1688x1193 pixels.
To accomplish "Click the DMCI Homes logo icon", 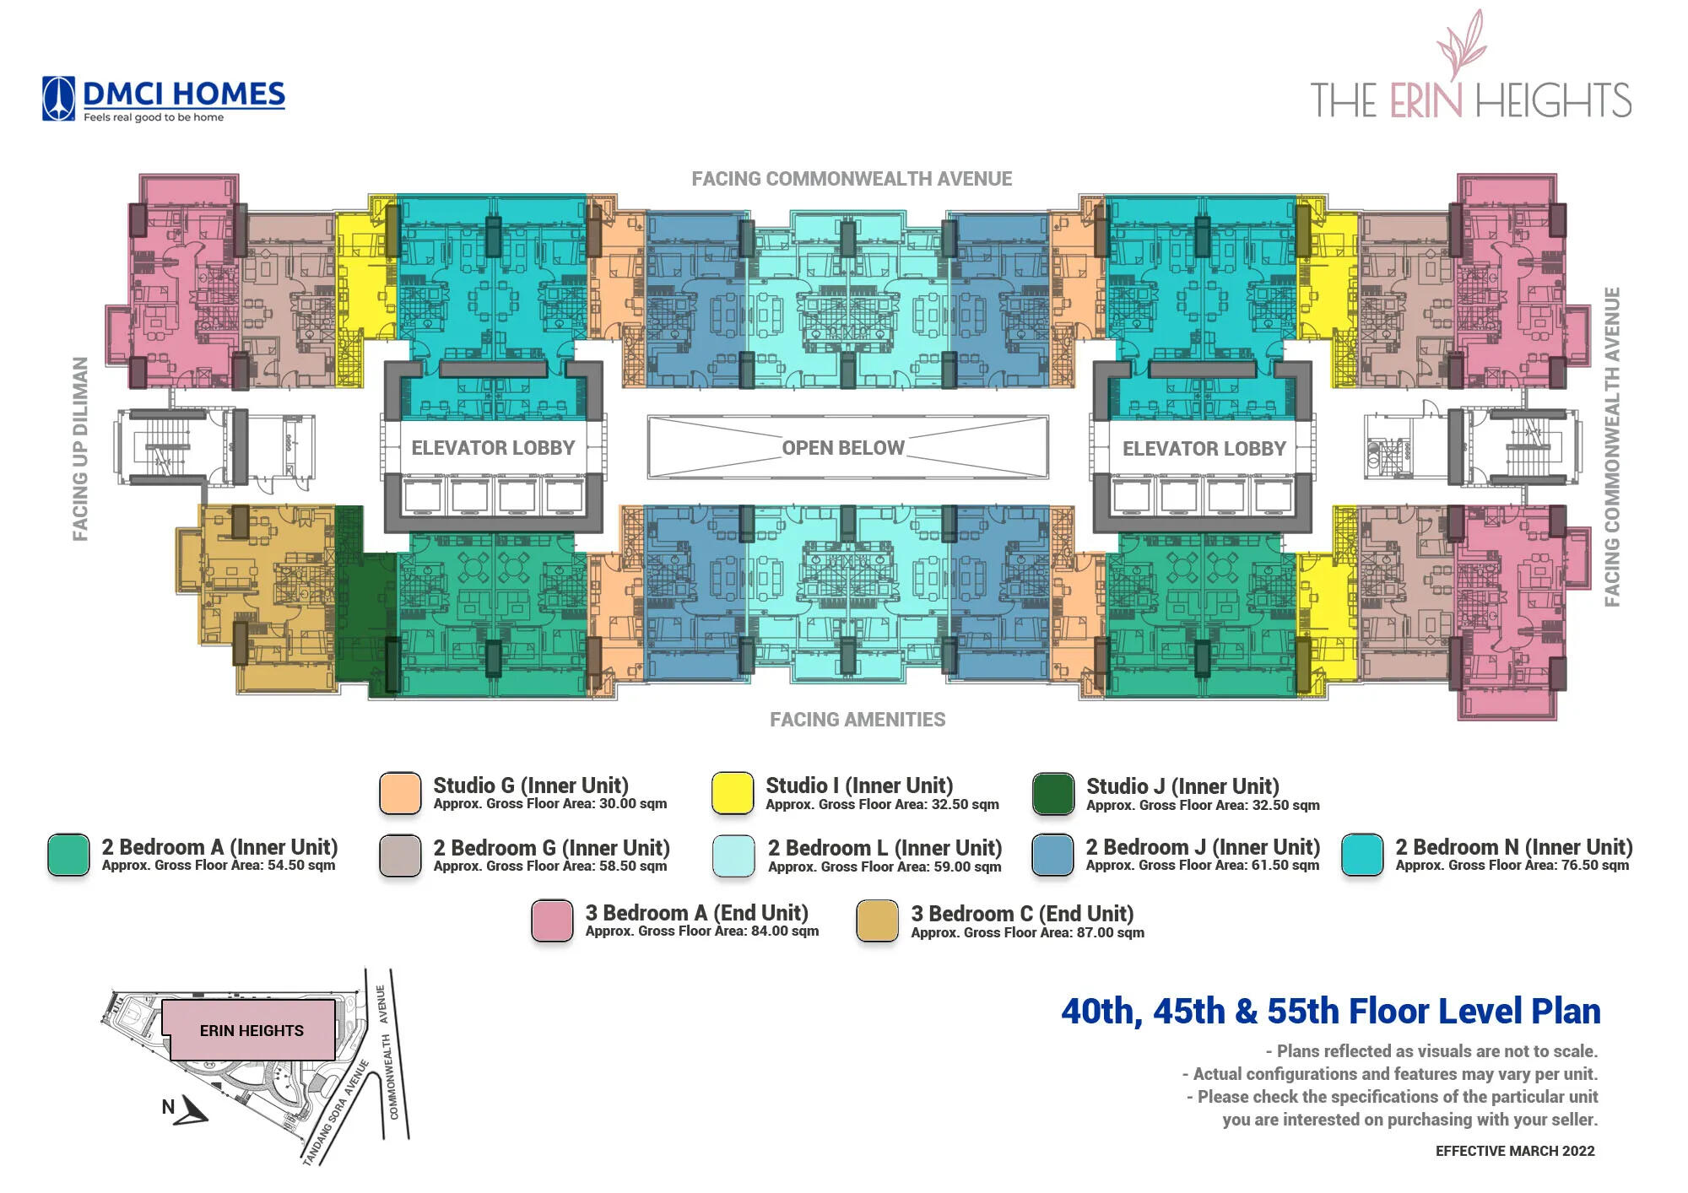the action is pos(58,99).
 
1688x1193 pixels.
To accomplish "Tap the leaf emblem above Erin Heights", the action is pos(1462,44).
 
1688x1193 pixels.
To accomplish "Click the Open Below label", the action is pos(843,448).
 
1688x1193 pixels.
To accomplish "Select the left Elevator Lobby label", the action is pos(493,448).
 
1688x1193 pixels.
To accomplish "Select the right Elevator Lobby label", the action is pos(1204,449).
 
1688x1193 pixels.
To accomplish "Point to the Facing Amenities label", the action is pos(858,720).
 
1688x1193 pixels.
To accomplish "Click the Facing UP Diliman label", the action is pos(80,449).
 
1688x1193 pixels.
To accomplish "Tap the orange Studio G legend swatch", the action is pos(400,794).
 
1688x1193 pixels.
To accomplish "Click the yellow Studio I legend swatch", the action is pos(733,794).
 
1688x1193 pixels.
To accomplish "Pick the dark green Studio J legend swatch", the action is pos(1053,794).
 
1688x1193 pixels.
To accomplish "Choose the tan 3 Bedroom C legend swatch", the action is pos(877,920).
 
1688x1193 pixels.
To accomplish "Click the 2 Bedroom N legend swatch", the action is pos(1362,855).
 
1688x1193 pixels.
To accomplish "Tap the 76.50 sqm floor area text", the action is pos(1593,866).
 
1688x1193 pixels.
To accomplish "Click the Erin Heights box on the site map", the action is pos(252,1030).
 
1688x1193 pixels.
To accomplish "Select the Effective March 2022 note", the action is pos(1515,1151).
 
